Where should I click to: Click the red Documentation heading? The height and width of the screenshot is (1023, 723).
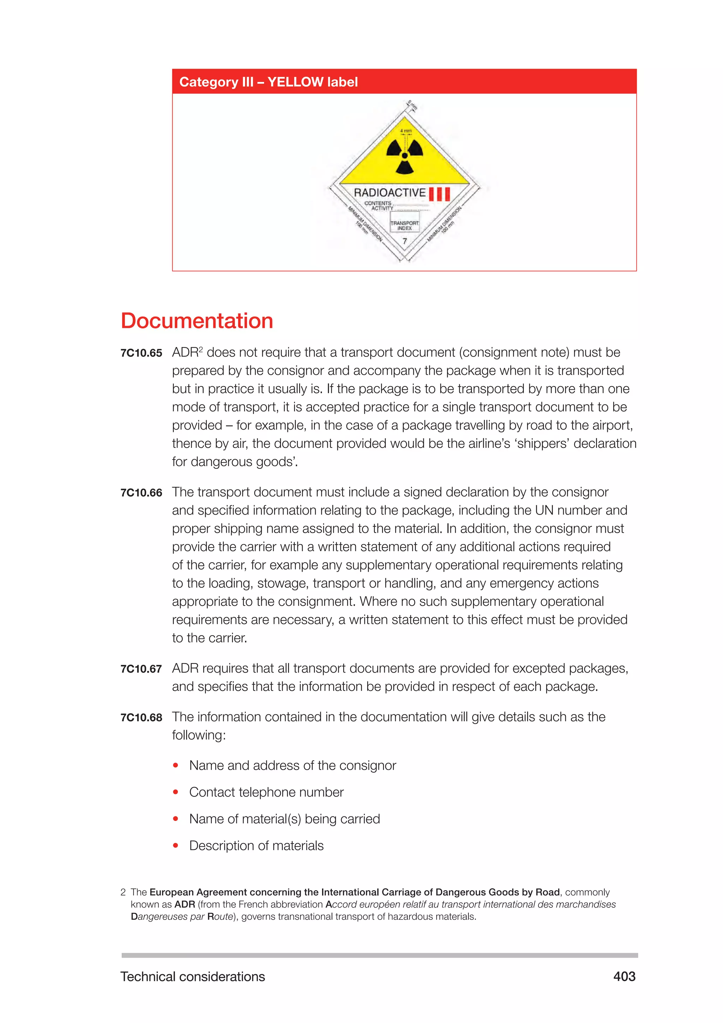pos(197,321)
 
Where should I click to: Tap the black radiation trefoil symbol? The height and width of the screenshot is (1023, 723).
pos(404,155)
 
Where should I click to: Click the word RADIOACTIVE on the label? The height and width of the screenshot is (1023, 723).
pos(389,193)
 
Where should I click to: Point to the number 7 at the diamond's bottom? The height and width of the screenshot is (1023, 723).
pos(405,241)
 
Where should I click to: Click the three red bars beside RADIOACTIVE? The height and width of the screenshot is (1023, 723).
pos(440,194)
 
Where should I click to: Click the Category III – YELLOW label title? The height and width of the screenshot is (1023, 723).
pos(268,82)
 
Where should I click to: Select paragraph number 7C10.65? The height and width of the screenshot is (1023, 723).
pos(141,353)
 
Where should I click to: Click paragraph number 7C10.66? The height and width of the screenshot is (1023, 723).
pos(141,493)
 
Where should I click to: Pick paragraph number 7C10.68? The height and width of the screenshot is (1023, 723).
pos(141,718)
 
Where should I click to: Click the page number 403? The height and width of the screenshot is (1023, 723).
pos(624,977)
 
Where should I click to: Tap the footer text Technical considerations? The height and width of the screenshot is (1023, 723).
pos(192,977)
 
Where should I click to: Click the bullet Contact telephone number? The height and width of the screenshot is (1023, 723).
pos(266,792)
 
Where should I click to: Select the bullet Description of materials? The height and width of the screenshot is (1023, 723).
pos(256,846)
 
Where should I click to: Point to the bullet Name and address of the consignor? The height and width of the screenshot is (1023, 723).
pos(293,765)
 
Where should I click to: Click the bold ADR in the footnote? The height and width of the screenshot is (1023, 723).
pos(184,904)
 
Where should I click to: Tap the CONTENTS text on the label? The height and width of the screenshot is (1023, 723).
pos(377,203)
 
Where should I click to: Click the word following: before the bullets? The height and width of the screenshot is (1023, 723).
pos(199,735)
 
